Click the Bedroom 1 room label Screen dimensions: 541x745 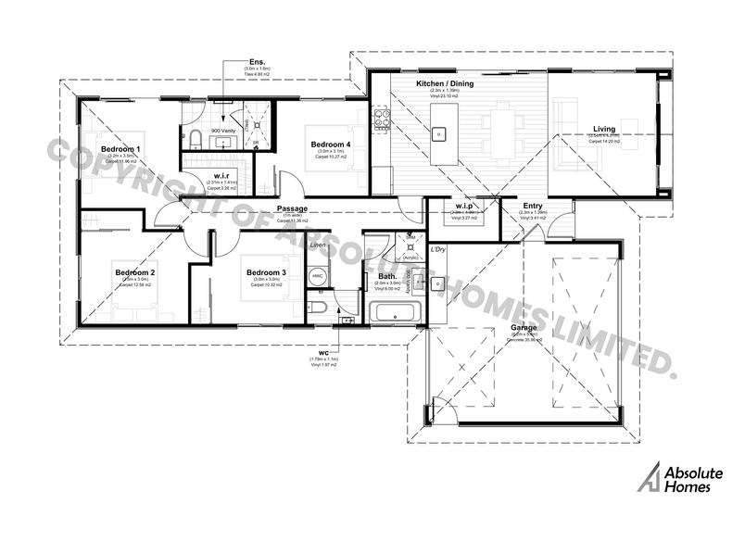(x=120, y=149)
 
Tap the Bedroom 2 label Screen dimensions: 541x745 (x=134, y=272)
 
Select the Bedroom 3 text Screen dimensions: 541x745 (x=266, y=272)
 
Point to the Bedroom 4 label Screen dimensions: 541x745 (x=330, y=145)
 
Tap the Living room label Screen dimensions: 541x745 (x=606, y=130)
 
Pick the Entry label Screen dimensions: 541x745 (x=533, y=206)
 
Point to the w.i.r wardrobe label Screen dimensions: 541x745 (x=221, y=175)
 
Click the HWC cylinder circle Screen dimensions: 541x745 (x=316, y=276)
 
